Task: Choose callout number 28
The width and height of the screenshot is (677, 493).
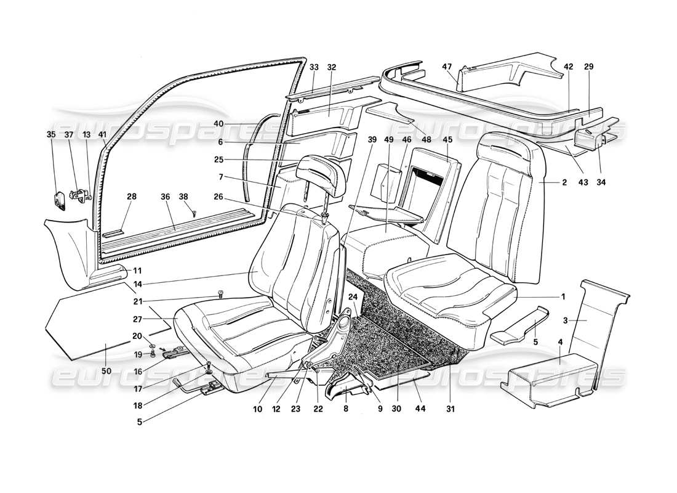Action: click(x=132, y=196)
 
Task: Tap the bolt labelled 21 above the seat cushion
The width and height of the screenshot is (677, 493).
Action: click(x=220, y=295)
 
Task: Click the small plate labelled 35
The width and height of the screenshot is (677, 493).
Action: click(x=60, y=198)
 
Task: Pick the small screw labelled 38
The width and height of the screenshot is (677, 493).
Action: click(x=194, y=214)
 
